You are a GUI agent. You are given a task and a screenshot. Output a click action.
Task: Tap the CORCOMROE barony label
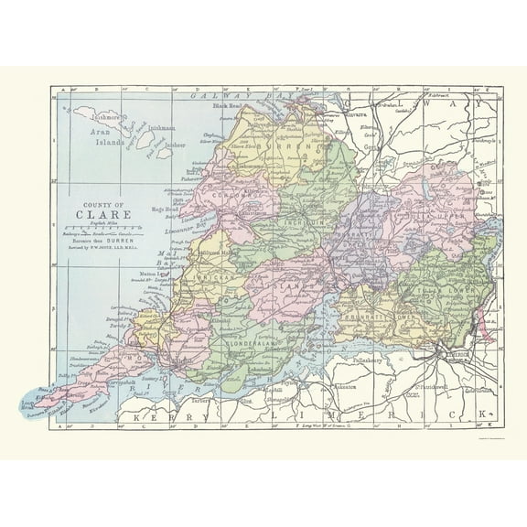[222, 195]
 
